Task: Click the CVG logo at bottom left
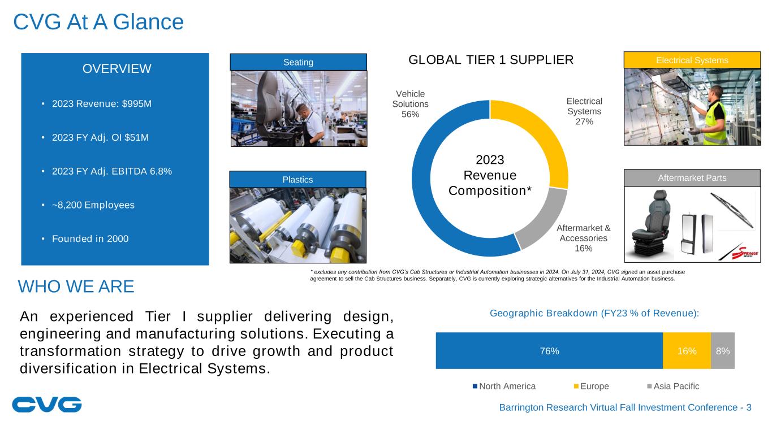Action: click(x=47, y=405)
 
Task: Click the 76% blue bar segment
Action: click(x=549, y=350)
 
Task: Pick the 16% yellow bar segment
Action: click(x=687, y=350)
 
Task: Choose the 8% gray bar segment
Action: click(x=723, y=350)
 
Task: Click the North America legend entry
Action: click(x=504, y=386)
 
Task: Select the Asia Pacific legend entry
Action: click(x=673, y=386)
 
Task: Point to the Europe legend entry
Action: click(x=591, y=386)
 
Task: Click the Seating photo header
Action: click(x=299, y=62)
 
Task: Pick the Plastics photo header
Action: click(x=297, y=180)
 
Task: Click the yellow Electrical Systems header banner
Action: click(x=692, y=60)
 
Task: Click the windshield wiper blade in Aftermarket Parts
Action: click(x=732, y=210)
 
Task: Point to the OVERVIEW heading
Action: click(x=117, y=68)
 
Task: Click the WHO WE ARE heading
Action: click(x=76, y=287)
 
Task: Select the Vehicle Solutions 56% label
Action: click(x=410, y=104)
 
